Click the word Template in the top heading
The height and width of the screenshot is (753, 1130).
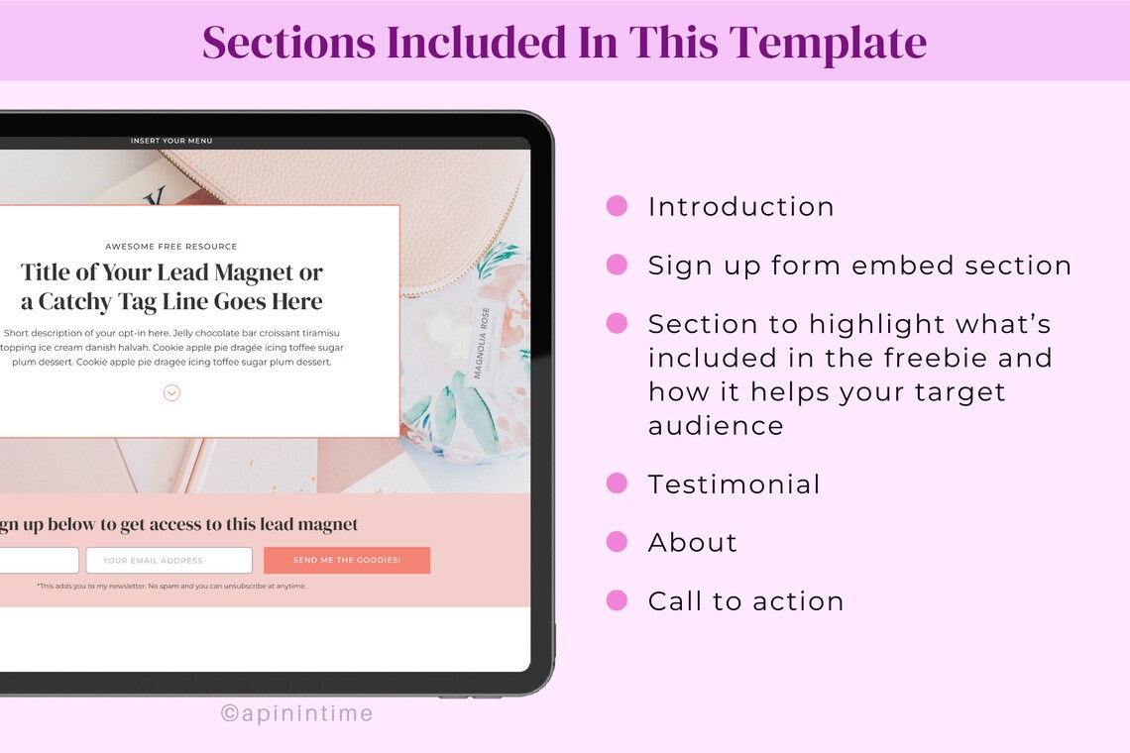click(x=828, y=43)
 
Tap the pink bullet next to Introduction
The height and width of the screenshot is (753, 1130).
click(x=617, y=206)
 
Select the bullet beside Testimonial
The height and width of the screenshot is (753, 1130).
click(x=617, y=484)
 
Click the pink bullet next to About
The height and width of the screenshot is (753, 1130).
click(x=617, y=542)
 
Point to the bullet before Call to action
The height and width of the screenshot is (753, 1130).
click(x=617, y=600)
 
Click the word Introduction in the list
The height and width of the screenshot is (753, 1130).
click(x=740, y=206)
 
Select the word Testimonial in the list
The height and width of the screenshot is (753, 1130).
click(x=734, y=484)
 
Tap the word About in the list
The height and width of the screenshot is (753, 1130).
click(x=692, y=542)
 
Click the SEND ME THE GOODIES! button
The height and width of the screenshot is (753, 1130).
click(x=347, y=560)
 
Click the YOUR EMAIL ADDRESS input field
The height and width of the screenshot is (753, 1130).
click(x=169, y=560)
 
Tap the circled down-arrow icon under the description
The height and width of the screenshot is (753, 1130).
click(x=171, y=393)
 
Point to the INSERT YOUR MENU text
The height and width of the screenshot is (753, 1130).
click(x=171, y=141)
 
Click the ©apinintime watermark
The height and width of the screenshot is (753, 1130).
click(x=296, y=712)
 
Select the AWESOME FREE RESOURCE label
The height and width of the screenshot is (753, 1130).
click(x=171, y=246)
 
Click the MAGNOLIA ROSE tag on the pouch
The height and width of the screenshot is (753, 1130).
click(x=484, y=342)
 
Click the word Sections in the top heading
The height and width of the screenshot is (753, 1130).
click(x=288, y=43)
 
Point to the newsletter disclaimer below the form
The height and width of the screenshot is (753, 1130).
click(x=171, y=586)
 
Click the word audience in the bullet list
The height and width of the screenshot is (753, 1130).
click(x=716, y=426)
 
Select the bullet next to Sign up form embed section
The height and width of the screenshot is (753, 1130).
click(x=617, y=265)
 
